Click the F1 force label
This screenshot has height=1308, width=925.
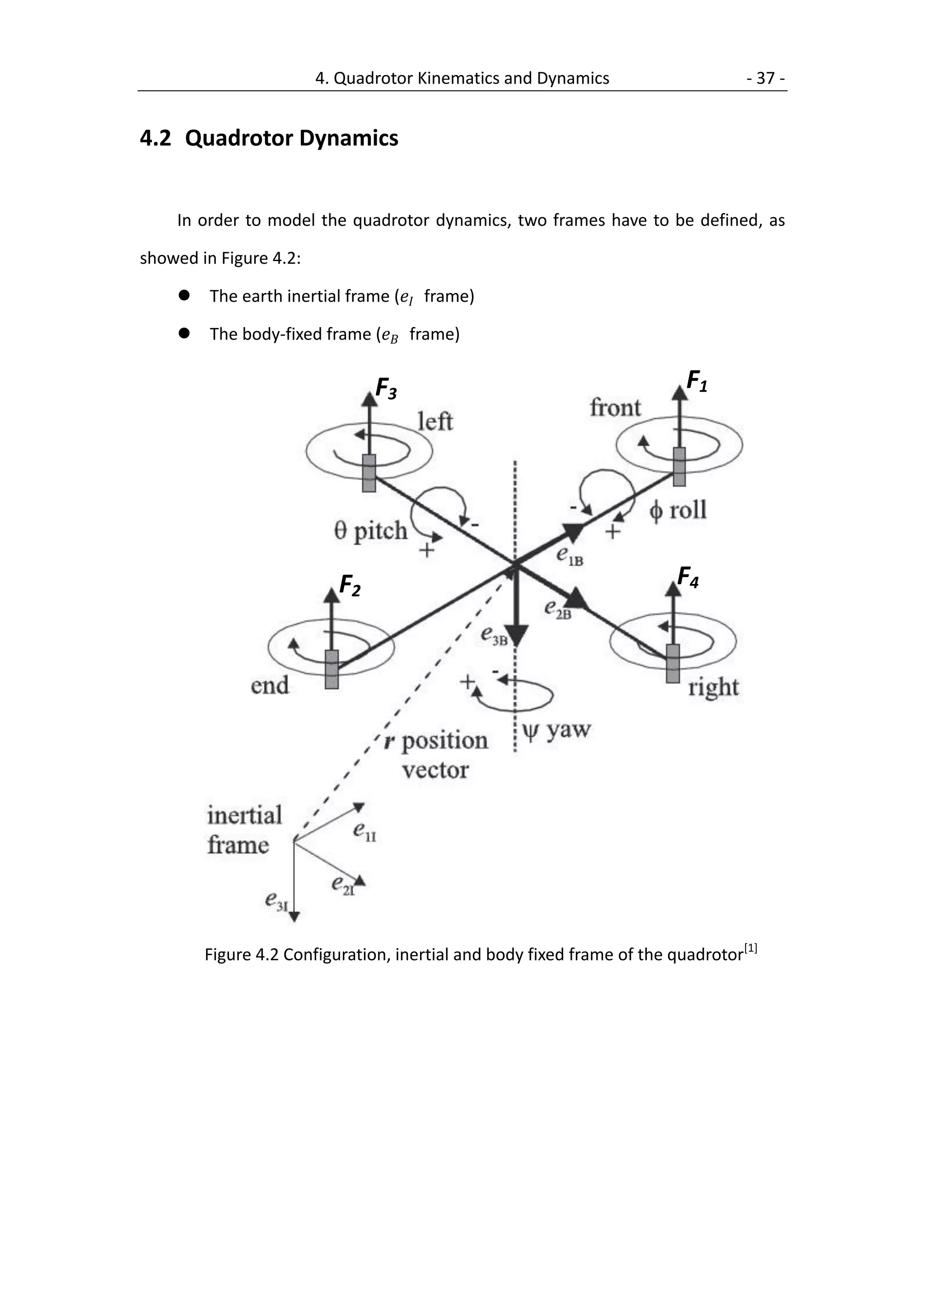point(696,381)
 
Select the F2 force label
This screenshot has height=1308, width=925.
point(349,586)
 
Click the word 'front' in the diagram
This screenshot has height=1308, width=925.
point(615,408)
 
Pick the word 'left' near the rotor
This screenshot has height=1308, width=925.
point(435,421)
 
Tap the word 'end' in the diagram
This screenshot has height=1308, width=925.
point(270,685)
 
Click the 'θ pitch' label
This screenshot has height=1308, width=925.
point(371,531)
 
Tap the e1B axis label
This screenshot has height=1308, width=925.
point(570,556)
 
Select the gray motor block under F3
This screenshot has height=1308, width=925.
point(369,473)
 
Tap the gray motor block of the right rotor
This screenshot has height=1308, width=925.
point(673,663)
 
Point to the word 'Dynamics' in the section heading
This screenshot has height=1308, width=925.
point(348,139)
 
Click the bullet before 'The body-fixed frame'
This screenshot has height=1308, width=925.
point(184,333)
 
